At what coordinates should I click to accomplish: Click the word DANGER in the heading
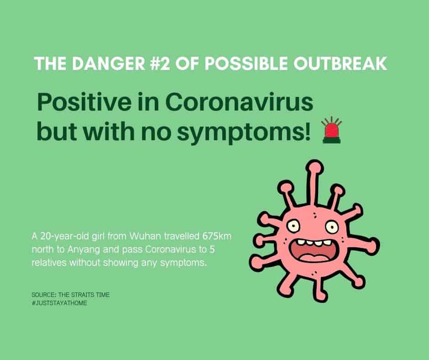click(x=109, y=64)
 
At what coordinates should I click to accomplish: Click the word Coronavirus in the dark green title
click(x=239, y=102)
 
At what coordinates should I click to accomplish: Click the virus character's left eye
click(x=293, y=227)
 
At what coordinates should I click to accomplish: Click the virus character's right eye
click(x=332, y=227)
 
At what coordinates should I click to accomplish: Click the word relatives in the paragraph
click(x=49, y=263)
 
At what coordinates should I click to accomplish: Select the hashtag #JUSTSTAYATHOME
click(x=59, y=303)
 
